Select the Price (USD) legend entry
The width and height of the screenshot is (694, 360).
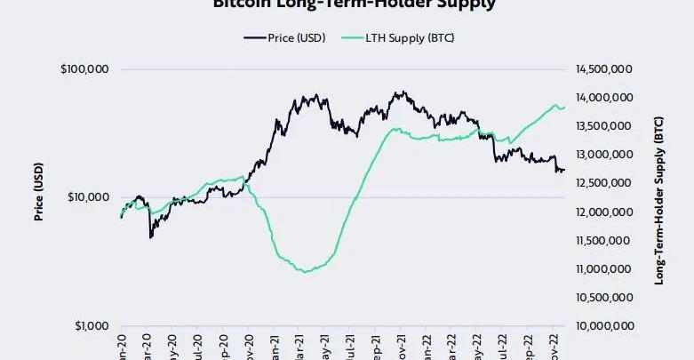tap(283, 37)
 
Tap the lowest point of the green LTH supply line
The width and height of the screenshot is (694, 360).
tap(307, 271)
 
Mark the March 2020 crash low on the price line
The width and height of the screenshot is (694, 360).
tap(151, 237)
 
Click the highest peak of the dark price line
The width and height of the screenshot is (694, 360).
tap(403, 92)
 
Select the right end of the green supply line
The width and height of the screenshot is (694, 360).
tap(564, 108)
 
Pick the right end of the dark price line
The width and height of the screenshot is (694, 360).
tap(564, 171)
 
